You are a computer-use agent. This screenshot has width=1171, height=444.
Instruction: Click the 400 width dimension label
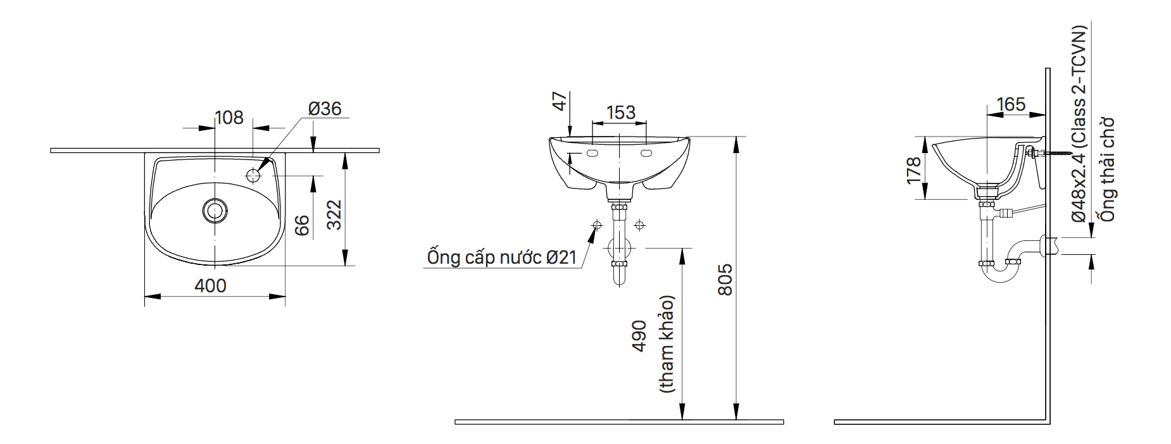click(x=210, y=286)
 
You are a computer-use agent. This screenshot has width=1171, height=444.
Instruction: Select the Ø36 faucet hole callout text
click(x=325, y=109)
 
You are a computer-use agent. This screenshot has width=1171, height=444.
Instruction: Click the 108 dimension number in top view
click(x=229, y=118)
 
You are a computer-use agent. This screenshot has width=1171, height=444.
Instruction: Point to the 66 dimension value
click(x=303, y=225)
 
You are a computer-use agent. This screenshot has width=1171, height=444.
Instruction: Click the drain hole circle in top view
click(x=215, y=210)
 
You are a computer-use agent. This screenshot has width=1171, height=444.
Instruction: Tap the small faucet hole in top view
click(x=253, y=175)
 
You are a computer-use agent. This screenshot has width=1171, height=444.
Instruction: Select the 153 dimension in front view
click(x=620, y=113)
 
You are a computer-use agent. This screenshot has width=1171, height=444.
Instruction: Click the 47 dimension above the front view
click(x=560, y=101)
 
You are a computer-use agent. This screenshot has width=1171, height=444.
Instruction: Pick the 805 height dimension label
click(x=725, y=280)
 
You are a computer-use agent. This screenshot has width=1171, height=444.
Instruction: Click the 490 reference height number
click(x=639, y=336)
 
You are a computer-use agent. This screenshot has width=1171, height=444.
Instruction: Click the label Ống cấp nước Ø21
click(x=502, y=257)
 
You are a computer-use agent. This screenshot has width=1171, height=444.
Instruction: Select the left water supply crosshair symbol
click(x=596, y=225)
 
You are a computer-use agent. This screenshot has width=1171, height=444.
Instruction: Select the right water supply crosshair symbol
click(x=640, y=225)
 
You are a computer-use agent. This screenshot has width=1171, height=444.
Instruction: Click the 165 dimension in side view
click(x=1010, y=104)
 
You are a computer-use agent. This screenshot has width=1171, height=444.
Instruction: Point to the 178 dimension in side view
click(x=913, y=171)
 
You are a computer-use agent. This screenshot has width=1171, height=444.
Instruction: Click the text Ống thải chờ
click(x=1107, y=170)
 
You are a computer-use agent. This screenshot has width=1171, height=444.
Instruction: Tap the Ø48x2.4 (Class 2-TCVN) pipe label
click(x=1079, y=123)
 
